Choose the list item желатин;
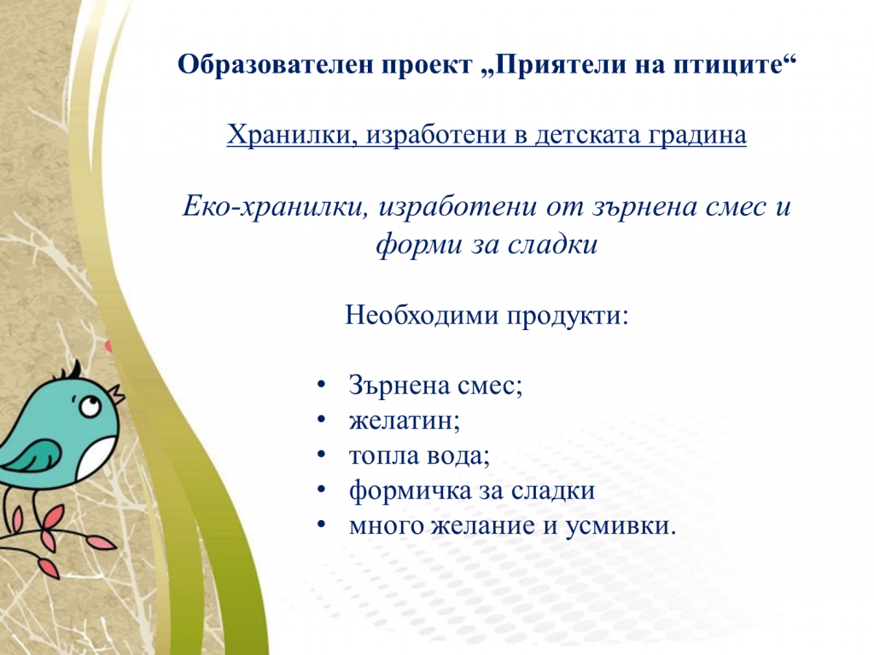tap(404, 420)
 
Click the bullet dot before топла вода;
tap(321, 456)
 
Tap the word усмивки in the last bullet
tap(620, 526)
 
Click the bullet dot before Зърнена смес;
tap(321, 385)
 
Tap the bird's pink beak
tap(114, 393)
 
